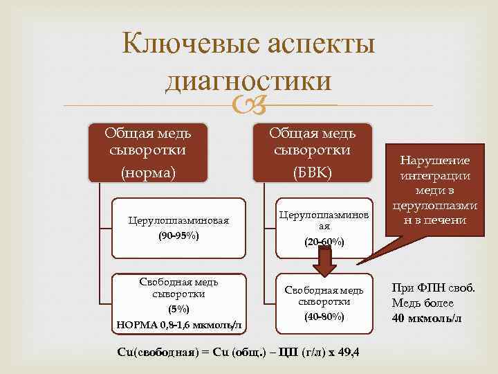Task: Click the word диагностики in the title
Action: pos(248,81)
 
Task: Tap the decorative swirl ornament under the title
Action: pos(248,106)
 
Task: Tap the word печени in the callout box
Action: pos(448,221)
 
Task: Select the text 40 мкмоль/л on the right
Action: pos(427,318)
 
